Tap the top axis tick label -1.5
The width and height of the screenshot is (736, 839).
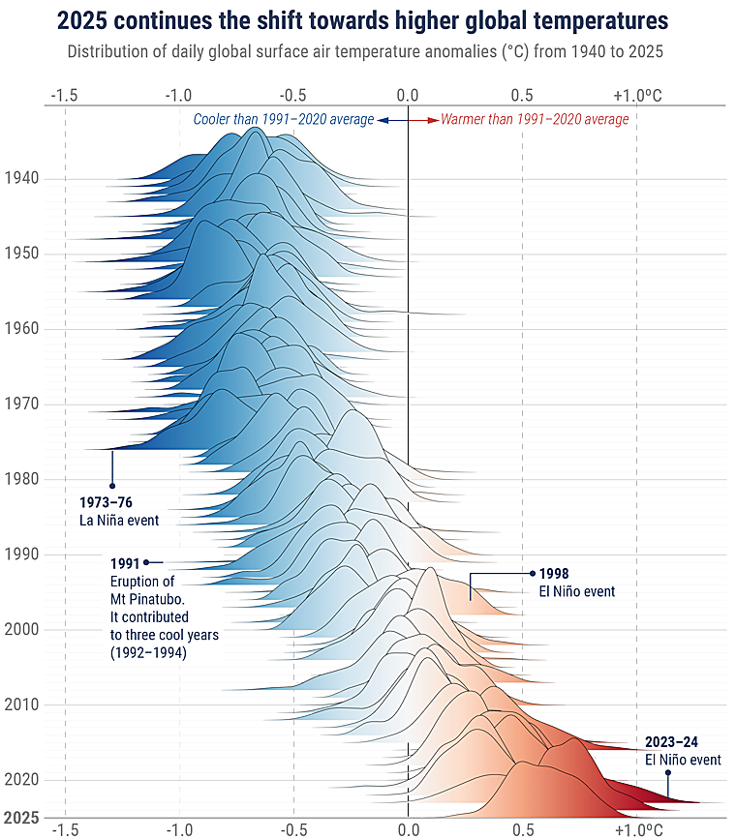[x=64, y=95]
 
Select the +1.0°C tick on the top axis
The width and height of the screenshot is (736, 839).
[x=638, y=95]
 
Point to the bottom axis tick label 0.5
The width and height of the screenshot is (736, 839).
[x=523, y=829]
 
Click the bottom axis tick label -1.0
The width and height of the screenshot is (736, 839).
[x=178, y=829]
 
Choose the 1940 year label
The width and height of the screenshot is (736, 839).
[x=21, y=178]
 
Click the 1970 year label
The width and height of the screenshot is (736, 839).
[x=21, y=404]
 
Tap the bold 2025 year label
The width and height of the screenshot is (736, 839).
[x=21, y=818]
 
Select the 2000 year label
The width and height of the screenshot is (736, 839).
[x=21, y=629]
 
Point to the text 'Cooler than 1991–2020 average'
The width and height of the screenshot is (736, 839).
[x=283, y=120]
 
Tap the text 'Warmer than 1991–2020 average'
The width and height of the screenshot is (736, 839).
[x=535, y=120]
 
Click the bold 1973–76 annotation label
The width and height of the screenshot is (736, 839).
[x=106, y=503]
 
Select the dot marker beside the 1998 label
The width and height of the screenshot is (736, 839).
[x=532, y=573]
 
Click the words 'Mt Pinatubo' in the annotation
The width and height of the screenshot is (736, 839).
[x=144, y=598]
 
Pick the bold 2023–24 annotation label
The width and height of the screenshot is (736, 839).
[x=671, y=742]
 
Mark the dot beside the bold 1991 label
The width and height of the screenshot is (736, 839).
[x=146, y=562]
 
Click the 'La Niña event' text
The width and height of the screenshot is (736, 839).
[x=119, y=521]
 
